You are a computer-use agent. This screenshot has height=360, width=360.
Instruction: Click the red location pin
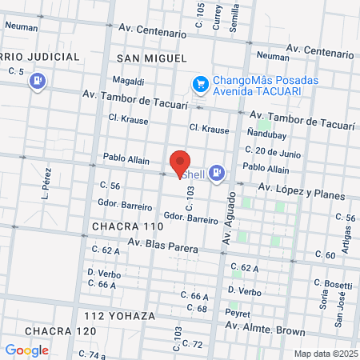coord(180,163)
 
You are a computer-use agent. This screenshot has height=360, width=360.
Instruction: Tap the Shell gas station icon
coord(218,173)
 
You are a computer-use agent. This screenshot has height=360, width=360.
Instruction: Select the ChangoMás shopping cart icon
coord(200,82)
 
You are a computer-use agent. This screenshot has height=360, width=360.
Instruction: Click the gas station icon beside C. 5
coord(37,81)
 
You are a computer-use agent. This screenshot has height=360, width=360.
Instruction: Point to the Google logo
coord(26,350)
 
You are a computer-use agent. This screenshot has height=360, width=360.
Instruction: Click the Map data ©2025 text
coord(324,353)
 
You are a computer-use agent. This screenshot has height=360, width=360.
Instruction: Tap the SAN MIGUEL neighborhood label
coord(151,58)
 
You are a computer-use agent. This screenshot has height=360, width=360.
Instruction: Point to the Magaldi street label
coord(128,81)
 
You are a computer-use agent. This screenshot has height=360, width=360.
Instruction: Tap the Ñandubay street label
coord(264,133)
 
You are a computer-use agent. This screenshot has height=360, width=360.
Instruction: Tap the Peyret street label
coord(238,313)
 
